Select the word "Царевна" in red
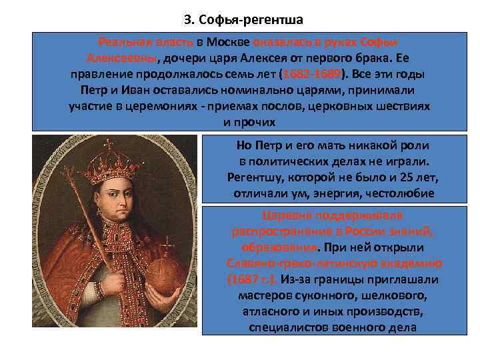click(285, 215)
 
